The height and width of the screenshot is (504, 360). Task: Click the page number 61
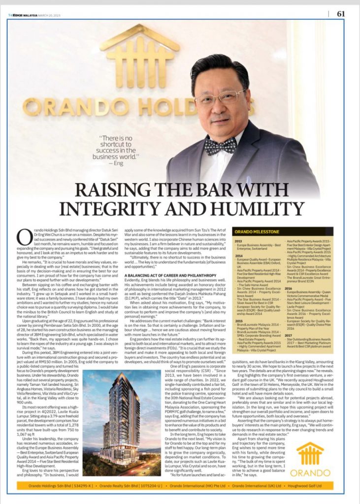coord(340,14)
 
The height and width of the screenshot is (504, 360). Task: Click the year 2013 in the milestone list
coord(238,241)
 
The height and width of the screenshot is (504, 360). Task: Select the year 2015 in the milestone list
coord(238,320)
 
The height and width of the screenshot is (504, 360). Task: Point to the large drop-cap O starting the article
coord(23,237)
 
